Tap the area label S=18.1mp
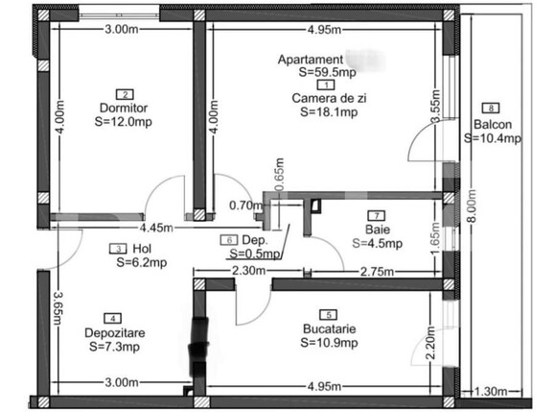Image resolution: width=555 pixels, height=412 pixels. [x=329, y=111]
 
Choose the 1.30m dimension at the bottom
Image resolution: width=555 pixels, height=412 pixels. [x=499, y=392]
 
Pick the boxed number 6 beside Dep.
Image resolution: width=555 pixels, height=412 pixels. [x=228, y=240]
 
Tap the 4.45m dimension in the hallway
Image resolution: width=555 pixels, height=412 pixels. [x=155, y=229]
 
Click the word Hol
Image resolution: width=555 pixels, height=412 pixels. [x=141, y=248]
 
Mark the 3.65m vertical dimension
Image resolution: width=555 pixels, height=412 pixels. [x=58, y=310]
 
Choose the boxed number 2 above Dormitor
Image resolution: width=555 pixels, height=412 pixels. [x=125, y=94]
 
